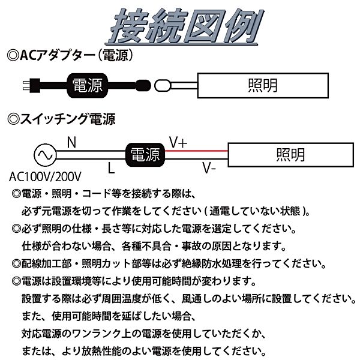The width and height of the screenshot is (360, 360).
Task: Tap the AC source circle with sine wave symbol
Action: (x=43, y=154)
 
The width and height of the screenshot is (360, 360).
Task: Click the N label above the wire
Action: (x=71, y=142)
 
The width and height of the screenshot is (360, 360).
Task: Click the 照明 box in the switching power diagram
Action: (x=290, y=154)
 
